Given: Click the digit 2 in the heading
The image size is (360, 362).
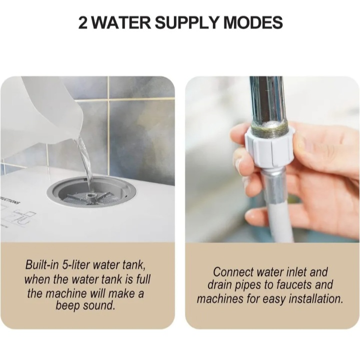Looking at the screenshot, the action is [83, 23].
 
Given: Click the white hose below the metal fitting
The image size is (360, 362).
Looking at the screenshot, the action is [280, 222].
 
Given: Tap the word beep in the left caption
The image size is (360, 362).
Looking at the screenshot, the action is [68, 306].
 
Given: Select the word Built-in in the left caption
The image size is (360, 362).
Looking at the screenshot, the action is [42, 264].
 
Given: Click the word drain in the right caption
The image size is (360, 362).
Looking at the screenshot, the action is [219, 285].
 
